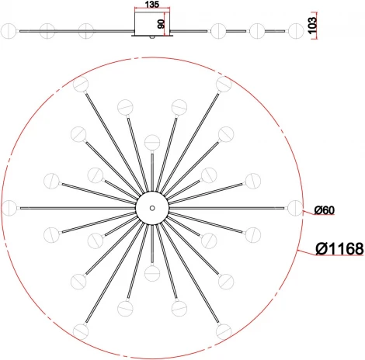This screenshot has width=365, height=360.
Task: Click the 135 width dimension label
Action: coord(152,5)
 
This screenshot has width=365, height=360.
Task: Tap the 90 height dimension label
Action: coord(161,24)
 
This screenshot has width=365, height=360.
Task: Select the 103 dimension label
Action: coord(312,25)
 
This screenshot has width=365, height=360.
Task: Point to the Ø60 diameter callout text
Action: coord(325,210)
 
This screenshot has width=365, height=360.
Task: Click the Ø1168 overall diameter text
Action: coord(339,249)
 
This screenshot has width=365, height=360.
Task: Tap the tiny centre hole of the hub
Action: coord(152,208)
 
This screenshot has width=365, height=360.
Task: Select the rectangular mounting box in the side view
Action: coord(152,22)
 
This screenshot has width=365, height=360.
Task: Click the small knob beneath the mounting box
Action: coord(152,37)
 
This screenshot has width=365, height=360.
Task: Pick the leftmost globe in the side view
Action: coord(9,31)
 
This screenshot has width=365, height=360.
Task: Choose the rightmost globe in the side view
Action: coord(296,31)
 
